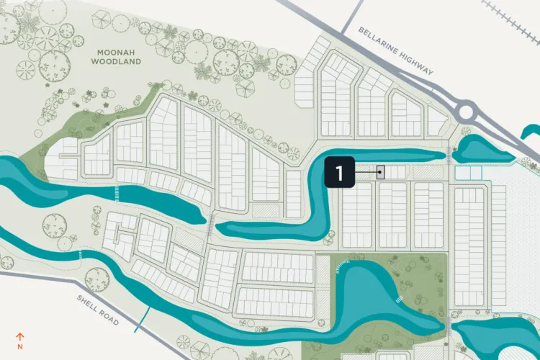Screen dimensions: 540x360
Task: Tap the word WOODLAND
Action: click(x=116, y=62)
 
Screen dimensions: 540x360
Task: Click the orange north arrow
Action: click(x=20, y=336)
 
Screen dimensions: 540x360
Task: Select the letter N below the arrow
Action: click(x=20, y=346)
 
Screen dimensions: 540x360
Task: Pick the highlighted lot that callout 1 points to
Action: click(x=381, y=172)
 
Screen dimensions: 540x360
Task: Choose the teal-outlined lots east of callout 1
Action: click(x=467, y=173)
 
